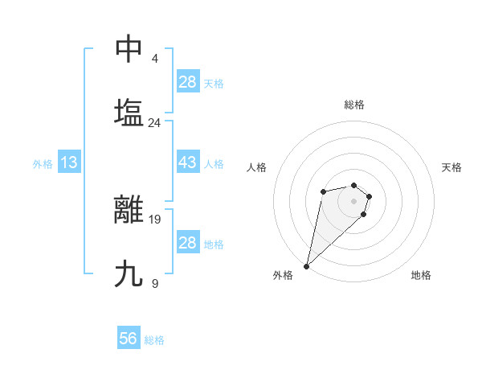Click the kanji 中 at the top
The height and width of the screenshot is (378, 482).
(x=129, y=49)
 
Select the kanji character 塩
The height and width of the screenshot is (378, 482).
(x=129, y=112)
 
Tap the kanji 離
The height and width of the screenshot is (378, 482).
(x=129, y=209)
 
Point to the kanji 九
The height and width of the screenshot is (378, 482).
(x=129, y=274)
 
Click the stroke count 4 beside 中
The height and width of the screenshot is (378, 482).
(x=154, y=59)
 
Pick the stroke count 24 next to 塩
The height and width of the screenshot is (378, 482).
(x=154, y=122)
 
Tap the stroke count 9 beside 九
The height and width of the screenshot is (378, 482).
(x=154, y=283)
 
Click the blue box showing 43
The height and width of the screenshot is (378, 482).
(x=187, y=162)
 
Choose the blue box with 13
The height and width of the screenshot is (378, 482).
(x=68, y=162)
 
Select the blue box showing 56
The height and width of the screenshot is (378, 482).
(x=129, y=339)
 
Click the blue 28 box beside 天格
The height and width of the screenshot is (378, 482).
(x=187, y=82)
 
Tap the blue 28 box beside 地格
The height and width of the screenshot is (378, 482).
(x=187, y=243)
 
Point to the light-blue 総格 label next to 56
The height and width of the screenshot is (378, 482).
(x=154, y=340)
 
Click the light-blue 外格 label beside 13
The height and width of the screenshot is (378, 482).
(x=43, y=164)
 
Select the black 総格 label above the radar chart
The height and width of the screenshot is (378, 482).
(x=353, y=105)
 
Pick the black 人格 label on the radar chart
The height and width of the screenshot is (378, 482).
(x=257, y=167)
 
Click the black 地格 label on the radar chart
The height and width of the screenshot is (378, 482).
(x=421, y=275)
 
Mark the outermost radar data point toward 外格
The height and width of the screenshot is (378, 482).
(x=306, y=265)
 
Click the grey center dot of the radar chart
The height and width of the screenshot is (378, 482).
(x=353, y=200)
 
